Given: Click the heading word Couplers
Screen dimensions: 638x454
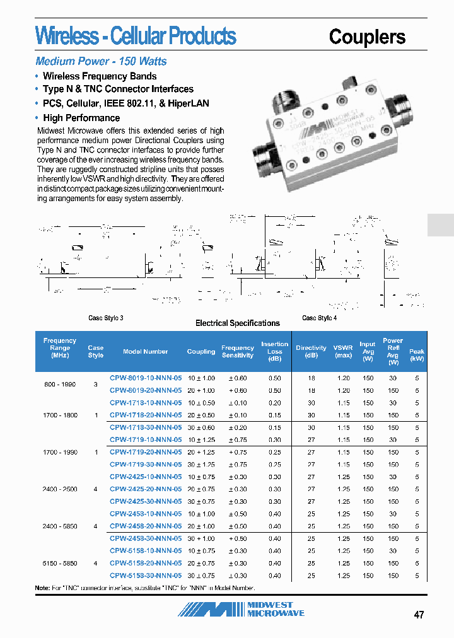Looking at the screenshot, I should pos(367,37).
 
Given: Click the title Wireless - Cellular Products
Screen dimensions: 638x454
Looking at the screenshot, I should pos(136,36).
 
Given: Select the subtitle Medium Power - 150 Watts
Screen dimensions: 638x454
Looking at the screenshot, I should pos(101,61).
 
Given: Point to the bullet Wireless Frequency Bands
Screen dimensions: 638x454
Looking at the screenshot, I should pos(99,76).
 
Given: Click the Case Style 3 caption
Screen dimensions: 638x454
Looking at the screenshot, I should pos(106,318).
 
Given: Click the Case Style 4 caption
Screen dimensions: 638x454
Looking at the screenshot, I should pos(319,318).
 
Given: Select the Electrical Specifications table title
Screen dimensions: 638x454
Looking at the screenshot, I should pos(237,323).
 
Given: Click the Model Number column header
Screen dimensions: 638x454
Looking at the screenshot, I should pos(146,352).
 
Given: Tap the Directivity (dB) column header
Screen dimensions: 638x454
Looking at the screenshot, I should pos(311,351).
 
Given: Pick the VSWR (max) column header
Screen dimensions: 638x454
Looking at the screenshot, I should pos(343,351).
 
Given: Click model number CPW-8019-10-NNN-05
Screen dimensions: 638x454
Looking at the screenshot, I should pos(146,378).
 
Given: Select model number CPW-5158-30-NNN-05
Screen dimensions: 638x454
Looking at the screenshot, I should pos(146,576).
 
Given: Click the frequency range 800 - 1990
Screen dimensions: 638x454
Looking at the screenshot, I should pos(60,384).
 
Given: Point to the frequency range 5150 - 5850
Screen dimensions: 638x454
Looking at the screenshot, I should pos(60,563).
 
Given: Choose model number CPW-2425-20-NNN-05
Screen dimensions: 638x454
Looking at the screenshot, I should pos(146,489).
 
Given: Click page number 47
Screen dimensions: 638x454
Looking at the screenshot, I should pos(419,615).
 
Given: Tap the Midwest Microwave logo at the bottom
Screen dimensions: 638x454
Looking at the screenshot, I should pos(242,609).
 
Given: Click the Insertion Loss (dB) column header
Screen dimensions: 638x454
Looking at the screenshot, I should pos(274,351).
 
